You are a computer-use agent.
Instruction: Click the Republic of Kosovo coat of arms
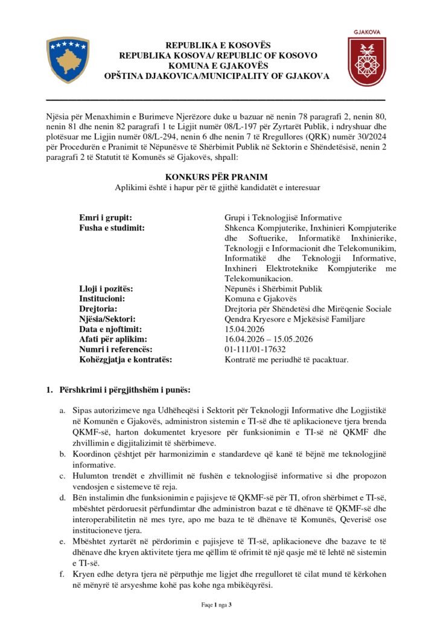68,59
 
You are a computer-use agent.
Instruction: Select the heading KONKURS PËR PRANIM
218,177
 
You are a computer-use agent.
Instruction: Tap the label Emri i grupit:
106,217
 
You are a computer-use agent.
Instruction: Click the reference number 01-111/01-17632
255,349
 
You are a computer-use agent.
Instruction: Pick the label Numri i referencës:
117,349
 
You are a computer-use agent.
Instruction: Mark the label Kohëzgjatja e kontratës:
126,360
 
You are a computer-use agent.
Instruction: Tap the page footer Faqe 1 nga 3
217,604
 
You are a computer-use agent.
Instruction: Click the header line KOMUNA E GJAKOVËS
217,66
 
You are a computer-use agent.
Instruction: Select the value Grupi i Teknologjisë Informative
282,217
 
